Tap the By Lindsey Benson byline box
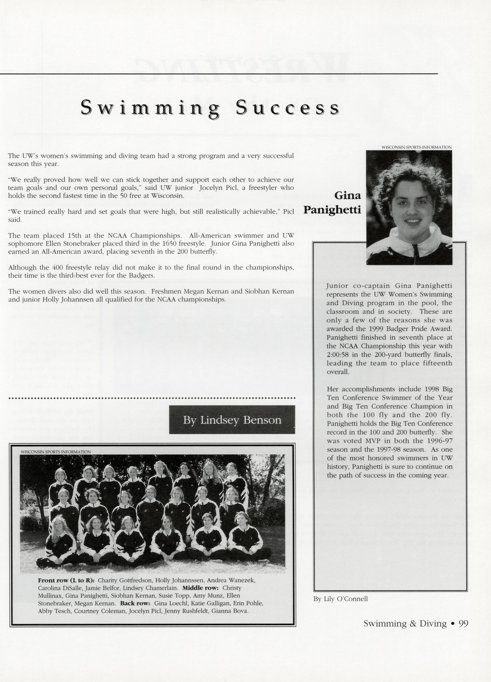[x=232, y=420]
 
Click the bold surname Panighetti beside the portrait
[x=332, y=210]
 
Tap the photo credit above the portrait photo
[x=417, y=147]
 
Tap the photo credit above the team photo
[x=56, y=452]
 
